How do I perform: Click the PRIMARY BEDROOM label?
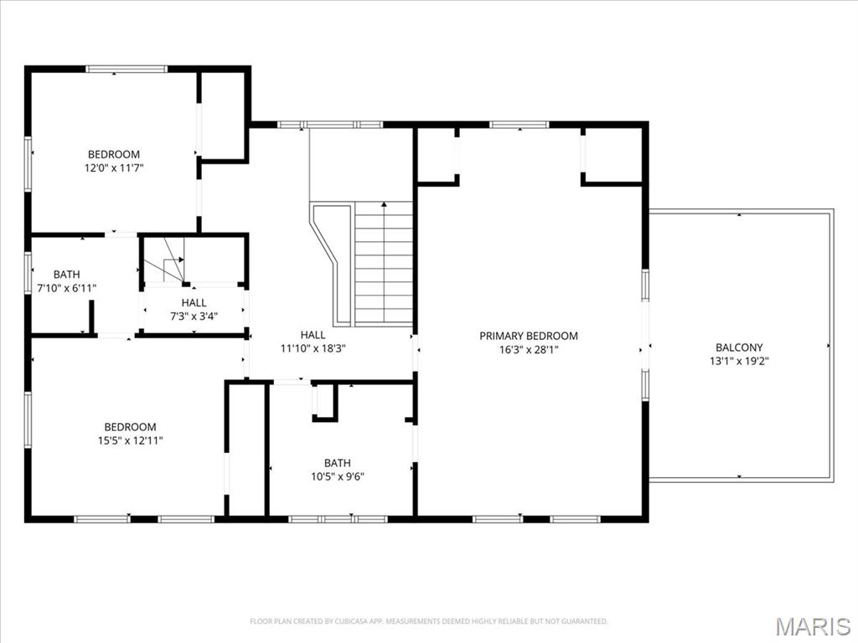(528, 336)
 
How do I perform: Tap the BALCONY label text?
(739, 347)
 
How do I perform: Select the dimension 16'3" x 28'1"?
(528, 350)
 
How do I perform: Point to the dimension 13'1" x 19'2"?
(739, 362)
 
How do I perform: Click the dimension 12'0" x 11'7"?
(114, 167)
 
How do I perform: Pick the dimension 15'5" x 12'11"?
(129, 440)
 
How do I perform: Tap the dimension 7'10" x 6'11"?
(67, 288)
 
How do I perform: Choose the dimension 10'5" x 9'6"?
(338, 476)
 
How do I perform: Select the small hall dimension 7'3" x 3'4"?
(194, 316)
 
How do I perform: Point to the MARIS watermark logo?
(814, 626)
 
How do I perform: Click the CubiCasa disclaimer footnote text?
(429, 621)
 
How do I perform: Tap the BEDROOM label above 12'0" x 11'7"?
(114, 154)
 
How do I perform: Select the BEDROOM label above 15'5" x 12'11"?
(129, 427)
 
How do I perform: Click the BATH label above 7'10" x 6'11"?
(67, 275)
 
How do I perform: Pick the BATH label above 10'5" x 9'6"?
(338, 463)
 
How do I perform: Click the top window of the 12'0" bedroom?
(127, 69)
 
